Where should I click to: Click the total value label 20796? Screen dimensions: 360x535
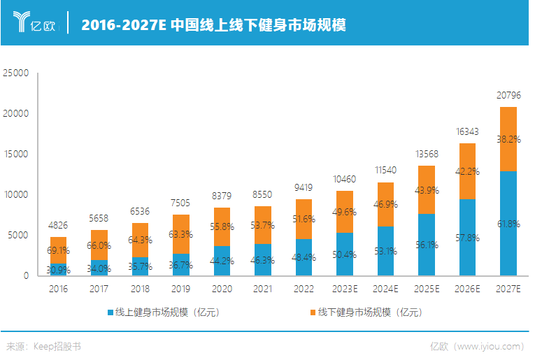coord(509,95)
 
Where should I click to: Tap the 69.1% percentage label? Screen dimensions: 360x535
coord(58,250)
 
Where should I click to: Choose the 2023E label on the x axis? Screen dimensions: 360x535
coord(343,288)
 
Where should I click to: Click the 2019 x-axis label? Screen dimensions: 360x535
coord(180,288)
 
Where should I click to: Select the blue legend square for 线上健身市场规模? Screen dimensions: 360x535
coord(110,312)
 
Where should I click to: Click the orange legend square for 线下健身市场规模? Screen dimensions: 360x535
coord(311,312)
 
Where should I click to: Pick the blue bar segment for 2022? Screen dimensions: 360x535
coord(303,257)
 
